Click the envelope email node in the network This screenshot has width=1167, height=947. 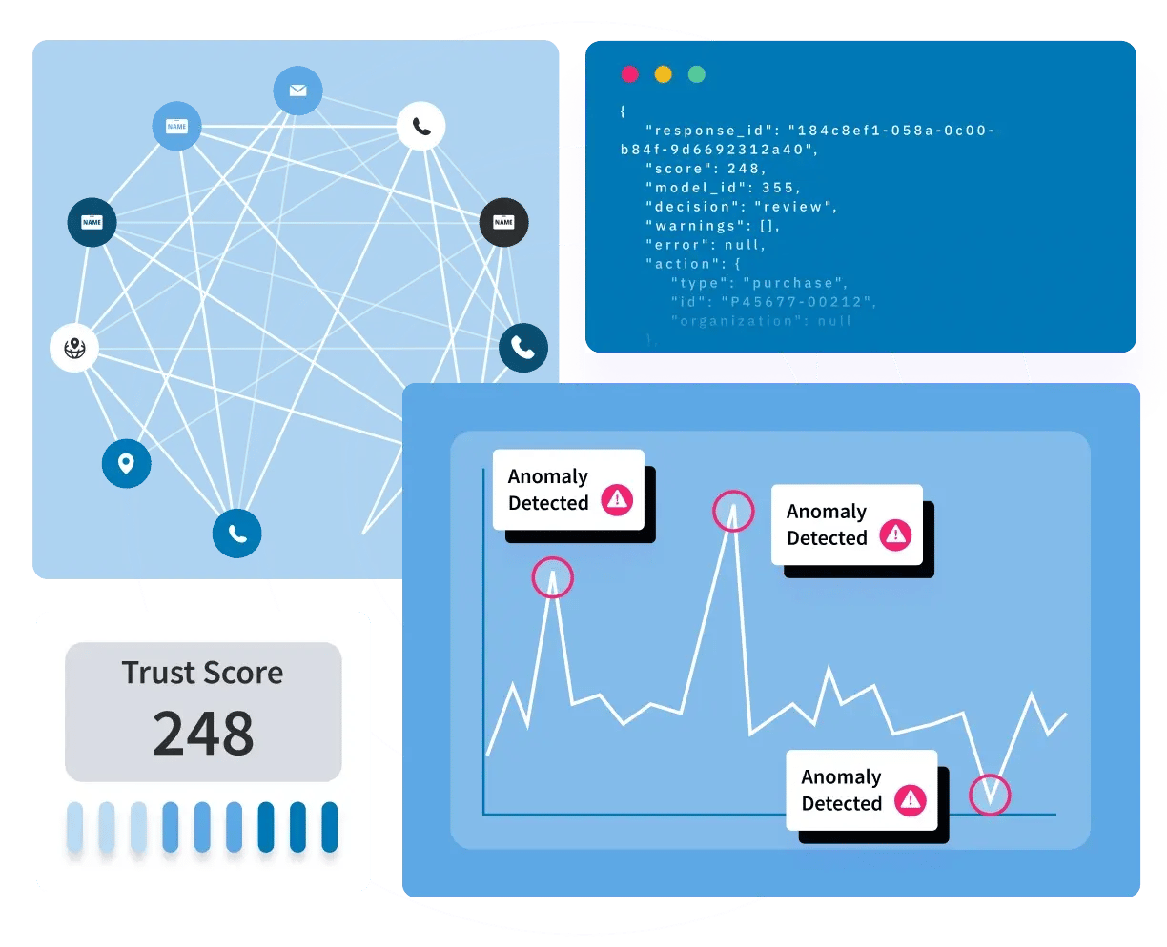(297, 91)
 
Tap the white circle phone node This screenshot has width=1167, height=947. (420, 126)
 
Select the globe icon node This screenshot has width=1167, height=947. (74, 348)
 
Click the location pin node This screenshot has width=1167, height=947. (126, 464)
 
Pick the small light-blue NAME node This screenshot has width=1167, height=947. (176, 126)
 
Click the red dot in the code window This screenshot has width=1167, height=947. (629, 74)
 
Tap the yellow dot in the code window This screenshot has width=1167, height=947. (663, 74)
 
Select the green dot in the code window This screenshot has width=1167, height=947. (697, 74)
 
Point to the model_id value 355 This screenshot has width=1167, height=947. (779, 188)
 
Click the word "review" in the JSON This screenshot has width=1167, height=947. (794, 207)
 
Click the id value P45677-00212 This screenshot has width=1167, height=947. (796, 302)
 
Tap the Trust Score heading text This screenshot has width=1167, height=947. (202, 673)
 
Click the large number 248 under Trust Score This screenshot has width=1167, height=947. (203, 733)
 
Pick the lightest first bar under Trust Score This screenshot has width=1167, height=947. (74, 826)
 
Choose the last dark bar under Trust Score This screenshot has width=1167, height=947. (330, 826)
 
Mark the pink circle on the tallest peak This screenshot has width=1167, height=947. (733, 512)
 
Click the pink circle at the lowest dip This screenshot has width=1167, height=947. (990, 795)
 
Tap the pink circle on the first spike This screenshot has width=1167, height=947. (552, 577)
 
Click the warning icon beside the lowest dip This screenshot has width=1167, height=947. (911, 799)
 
